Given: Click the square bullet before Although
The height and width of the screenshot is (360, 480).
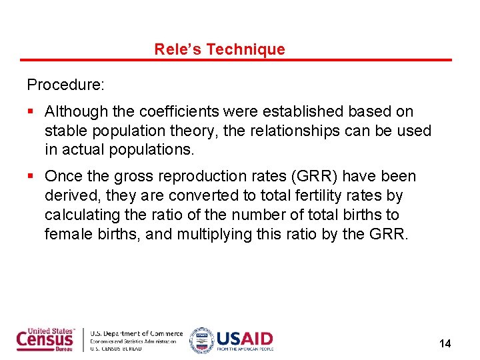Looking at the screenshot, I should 31,111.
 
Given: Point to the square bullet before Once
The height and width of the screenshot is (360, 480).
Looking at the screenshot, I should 31,177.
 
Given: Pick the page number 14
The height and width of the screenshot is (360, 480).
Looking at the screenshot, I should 445,343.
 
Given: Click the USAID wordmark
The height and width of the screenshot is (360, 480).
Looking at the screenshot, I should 244,338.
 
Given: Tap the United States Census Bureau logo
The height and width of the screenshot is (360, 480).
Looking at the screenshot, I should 46,339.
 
